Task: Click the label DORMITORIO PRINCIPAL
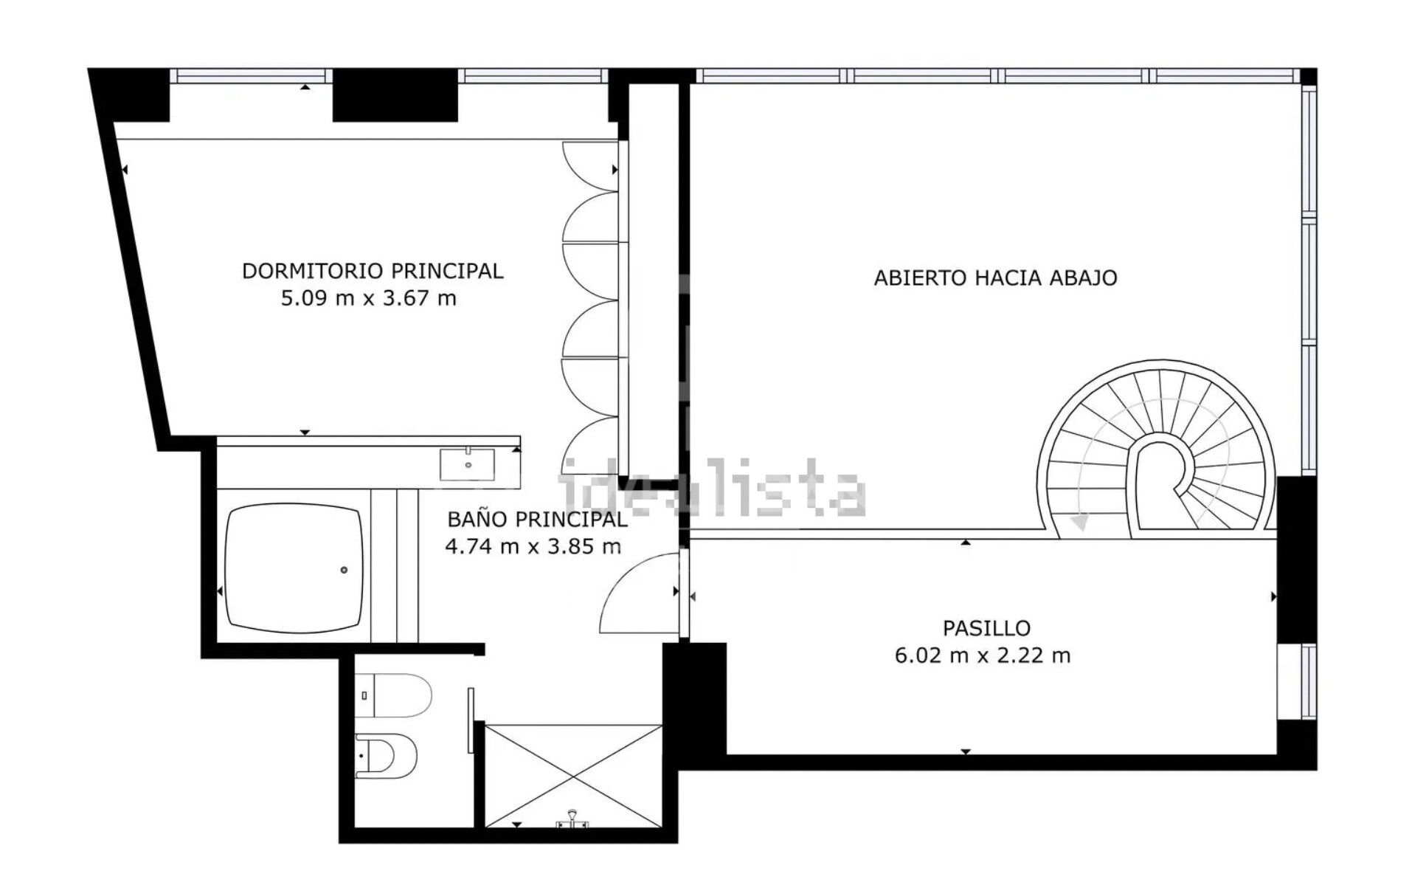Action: [x=372, y=271]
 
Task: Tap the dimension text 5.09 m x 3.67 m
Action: [x=368, y=298]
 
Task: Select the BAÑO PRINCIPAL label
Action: [x=537, y=519]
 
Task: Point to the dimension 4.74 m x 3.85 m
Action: [x=533, y=546]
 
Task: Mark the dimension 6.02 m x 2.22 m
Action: [x=982, y=655]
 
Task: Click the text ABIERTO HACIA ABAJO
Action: [x=994, y=278]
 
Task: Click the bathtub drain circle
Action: [x=344, y=570]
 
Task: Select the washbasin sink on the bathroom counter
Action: [x=467, y=464]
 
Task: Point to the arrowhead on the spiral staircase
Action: [x=1080, y=522]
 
